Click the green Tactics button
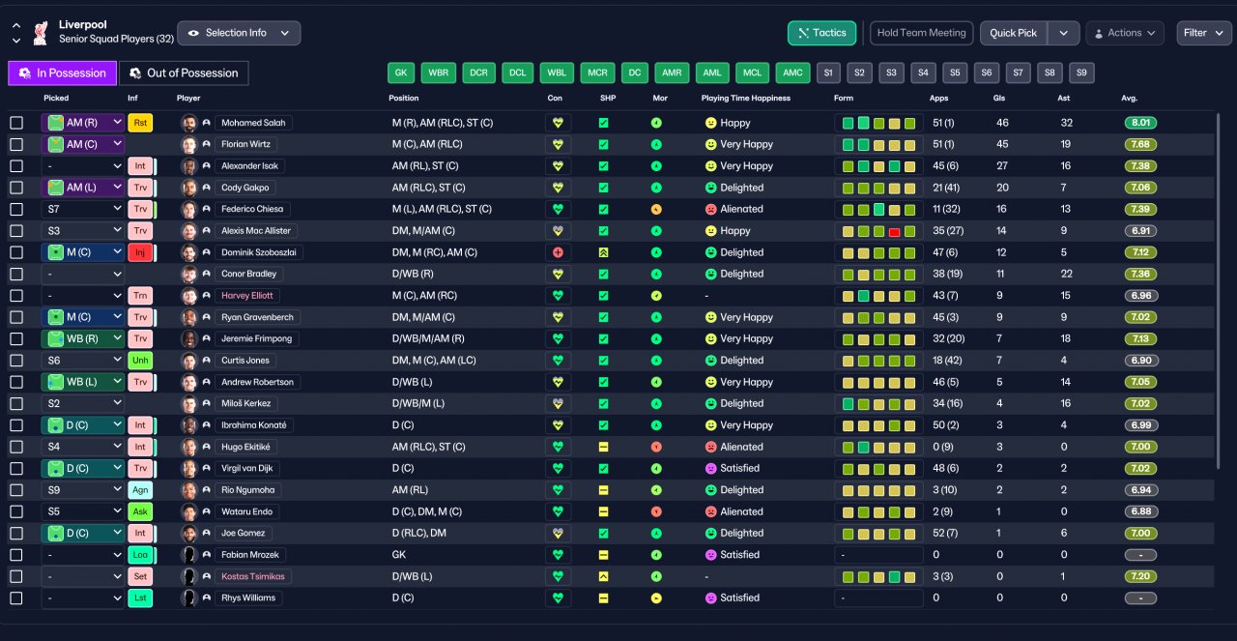[821, 33]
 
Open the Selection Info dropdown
[239, 33]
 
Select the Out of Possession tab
[184, 73]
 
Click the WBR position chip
[439, 73]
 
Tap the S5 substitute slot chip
[955, 73]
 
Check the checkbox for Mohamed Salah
[16, 123]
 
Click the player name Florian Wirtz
[245, 144]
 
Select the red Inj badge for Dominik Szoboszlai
[140, 252]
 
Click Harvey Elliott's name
[246, 296]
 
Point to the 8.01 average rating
[1140, 123]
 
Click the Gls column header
[999, 98]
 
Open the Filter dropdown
[1203, 33]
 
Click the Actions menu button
[1125, 33]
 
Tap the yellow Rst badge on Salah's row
[140, 123]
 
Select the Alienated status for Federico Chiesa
[741, 209]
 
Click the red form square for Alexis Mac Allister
[894, 232]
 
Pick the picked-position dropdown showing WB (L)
[82, 382]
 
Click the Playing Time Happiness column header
[745, 98]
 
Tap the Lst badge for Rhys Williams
[140, 597]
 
